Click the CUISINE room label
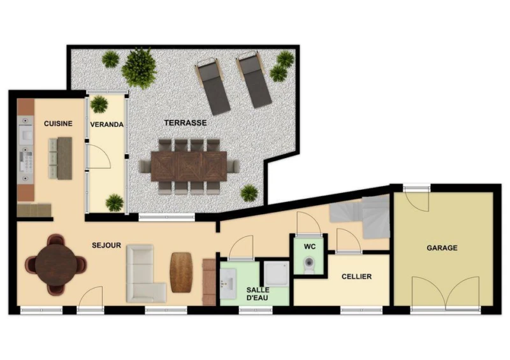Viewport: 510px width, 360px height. [x=58, y=124]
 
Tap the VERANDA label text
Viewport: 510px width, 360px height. [x=106, y=124]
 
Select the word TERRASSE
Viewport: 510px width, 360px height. [x=186, y=122]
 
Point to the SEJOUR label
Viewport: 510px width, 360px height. [x=106, y=245]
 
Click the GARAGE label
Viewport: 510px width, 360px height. [x=442, y=248]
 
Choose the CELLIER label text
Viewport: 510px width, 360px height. [x=356, y=277]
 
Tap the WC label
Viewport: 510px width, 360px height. [x=310, y=247]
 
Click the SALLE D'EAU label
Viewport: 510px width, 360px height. [x=258, y=294]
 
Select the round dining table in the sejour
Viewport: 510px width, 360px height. [x=56, y=264]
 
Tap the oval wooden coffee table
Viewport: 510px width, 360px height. [x=181, y=272]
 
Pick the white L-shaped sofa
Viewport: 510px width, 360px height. [x=145, y=274]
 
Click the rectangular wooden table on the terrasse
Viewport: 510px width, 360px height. [x=189, y=166]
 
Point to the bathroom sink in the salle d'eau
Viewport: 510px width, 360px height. [x=228, y=284]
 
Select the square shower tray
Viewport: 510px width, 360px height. [x=276, y=274]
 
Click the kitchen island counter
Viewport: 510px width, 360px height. [x=64, y=159]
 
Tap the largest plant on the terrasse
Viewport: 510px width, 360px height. [x=139, y=68]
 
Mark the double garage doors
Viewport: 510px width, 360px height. [x=445, y=292]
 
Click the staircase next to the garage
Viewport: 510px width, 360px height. [x=360, y=216]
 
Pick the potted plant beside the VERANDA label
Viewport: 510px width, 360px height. [x=99, y=104]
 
